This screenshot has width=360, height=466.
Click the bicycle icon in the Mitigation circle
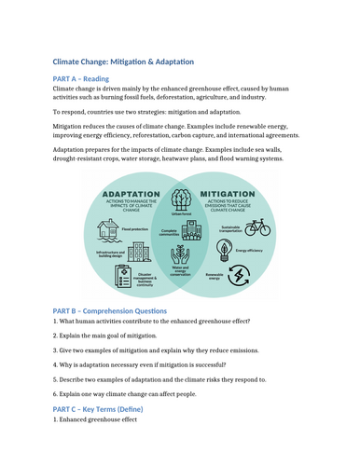tap(258, 226)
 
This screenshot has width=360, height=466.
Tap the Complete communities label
tap(170, 232)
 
